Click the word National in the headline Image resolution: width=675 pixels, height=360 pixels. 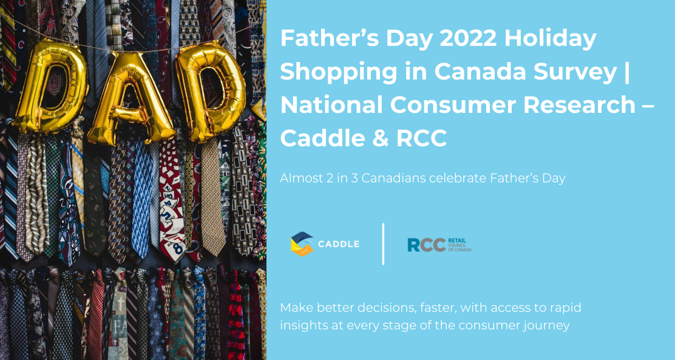tap(331, 104)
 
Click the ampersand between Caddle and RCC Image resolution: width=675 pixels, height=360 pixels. tap(376, 138)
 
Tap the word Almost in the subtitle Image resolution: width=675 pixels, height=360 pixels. tap(298, 178)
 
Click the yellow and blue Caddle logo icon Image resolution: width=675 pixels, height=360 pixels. tap(302, 244)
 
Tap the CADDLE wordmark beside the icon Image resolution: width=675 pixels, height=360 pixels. tap(339, 244)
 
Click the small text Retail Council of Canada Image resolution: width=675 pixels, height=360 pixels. tap(460, 245)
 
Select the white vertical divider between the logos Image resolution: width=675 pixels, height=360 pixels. tap(383, 243)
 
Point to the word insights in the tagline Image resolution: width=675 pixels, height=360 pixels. tap(303, 325)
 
